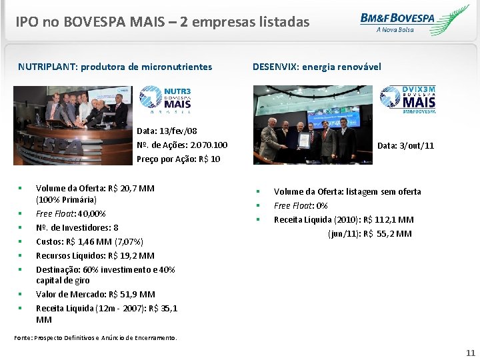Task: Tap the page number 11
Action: coord(471,353)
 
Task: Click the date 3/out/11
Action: coord(415,145)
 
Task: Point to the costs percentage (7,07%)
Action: coord(128,241)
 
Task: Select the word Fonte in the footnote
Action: coord(23,338)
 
